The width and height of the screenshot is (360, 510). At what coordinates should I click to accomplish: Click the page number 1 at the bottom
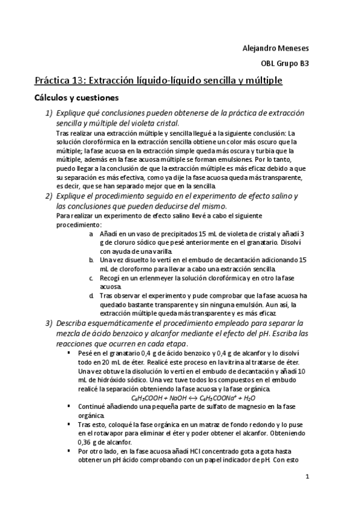(x=307, y=478)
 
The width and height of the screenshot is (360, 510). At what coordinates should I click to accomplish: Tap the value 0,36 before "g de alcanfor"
(x=87, y=442)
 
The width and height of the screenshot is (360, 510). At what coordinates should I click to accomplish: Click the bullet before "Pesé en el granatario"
(x=70, y=352)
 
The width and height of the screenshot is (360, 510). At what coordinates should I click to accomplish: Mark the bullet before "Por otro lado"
(x=70, y=451)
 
